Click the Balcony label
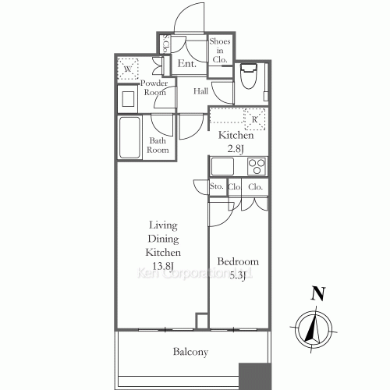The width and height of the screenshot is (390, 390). (190, 352)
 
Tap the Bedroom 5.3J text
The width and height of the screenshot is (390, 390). (237, 268)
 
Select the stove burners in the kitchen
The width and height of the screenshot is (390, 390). (257, 165)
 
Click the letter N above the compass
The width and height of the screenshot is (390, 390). (317, 294)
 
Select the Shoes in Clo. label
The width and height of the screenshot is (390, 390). (218, 49)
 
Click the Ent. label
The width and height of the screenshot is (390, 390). (187, 64)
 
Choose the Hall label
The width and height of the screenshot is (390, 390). (200, 91)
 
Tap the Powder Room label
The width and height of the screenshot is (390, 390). (155, 87)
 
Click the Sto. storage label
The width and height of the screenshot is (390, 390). (217, 187)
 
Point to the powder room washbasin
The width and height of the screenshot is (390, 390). (127, 98)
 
